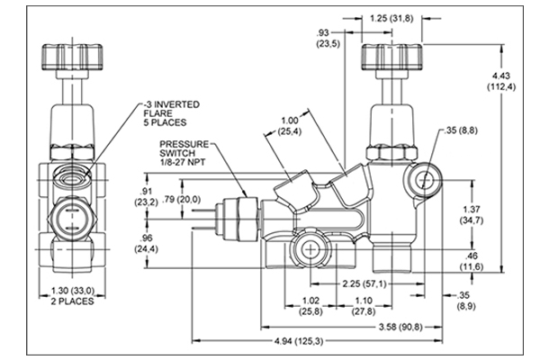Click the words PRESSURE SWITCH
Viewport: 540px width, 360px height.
point(184,148)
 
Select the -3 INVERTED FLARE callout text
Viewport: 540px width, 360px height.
point(172,113)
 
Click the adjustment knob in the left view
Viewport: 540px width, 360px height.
point(72,58)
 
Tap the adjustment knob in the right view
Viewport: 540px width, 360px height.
point(391,57)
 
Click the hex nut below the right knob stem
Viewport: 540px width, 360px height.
point(391,152)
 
